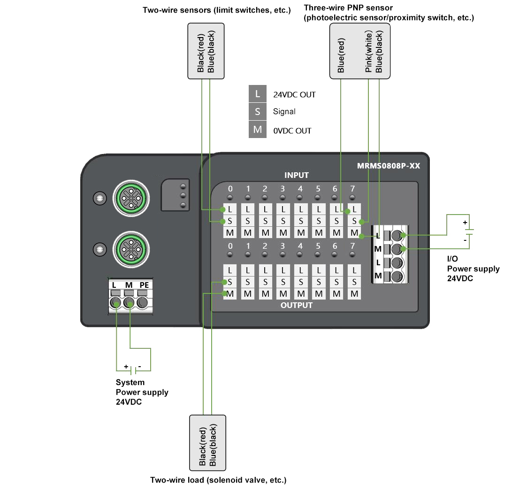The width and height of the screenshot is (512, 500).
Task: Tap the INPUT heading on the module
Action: pyautogui.click(x=297, y=175)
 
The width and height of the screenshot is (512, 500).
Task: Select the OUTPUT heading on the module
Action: pyautogui.click(x=297, y=305)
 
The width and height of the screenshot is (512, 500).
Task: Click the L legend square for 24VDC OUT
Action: pyautogui.click(x=258, y=94)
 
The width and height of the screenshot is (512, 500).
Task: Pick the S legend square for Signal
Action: pyautogui.click(x=258, y=112)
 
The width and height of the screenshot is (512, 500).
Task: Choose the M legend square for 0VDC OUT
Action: pyautogui.click(x=258, y=130)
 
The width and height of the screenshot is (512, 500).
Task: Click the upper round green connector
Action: pyautogui.click(x=131, y=198)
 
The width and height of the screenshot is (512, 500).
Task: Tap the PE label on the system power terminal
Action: pyautogui.click(x=144, y=285)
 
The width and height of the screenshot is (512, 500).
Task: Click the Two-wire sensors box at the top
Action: pyautogui.click(x=206, y=51)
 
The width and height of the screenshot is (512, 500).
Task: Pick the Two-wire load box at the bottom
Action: pyautogui.click(x=207, y=443)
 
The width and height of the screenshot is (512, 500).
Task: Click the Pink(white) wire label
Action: pyautogui.click(x=369, y=52)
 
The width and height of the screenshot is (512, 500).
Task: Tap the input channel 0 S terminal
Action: pyautogui.click(x=230, y=221)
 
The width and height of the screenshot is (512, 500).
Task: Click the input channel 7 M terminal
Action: pyautogui.click(x=354, y=233)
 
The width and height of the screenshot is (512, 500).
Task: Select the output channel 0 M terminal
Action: pyautogui.click(x=230, y=294)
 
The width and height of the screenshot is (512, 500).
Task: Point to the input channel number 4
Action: pyautogui.click(x=300, y=189)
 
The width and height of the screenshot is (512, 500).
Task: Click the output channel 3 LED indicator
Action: pyautogui.click(x=283, y=255)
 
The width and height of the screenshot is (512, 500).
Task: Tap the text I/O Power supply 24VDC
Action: pyautogui.click(x=473, y=269)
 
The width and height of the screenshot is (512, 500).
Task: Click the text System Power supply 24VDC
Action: pyautogui.click(x=142, y=392)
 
